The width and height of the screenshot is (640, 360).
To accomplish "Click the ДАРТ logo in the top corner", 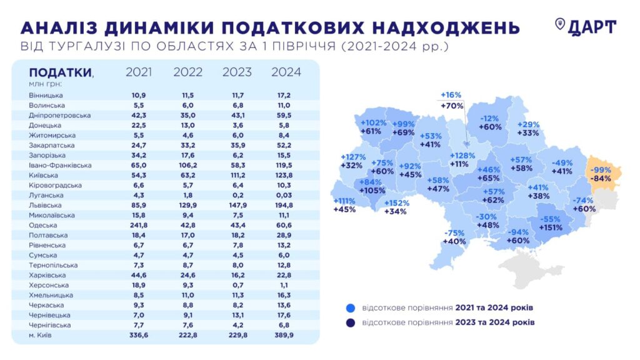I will [586, 26].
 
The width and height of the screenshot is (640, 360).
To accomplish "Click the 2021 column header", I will [139, 72].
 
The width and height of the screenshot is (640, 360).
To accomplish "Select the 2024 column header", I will [286, 72].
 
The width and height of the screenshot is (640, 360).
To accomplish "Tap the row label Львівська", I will [45, 205].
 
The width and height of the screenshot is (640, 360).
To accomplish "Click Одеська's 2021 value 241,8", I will [139, 225].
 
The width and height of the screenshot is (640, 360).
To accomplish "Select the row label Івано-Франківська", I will [60, 165].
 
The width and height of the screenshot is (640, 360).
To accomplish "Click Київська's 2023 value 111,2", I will [237, 175].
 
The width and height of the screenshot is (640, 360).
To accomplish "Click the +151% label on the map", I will [552, 227].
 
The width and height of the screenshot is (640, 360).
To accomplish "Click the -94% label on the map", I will [518, 231].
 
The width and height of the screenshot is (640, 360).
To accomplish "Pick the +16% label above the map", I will [451, 95].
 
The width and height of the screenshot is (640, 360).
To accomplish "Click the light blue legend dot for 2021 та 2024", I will [350, 308].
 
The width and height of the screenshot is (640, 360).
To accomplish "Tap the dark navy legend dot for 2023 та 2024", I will [350, 322].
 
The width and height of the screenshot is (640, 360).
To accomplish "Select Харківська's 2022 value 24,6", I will [187, 275].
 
